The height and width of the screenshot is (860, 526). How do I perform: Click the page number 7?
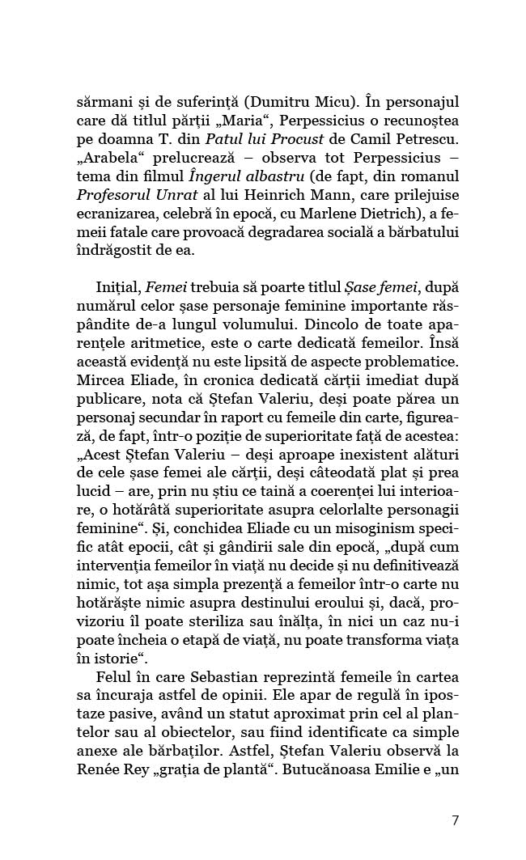click(455, 820)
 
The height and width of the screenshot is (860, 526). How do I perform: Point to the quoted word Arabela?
click(105, 166)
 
